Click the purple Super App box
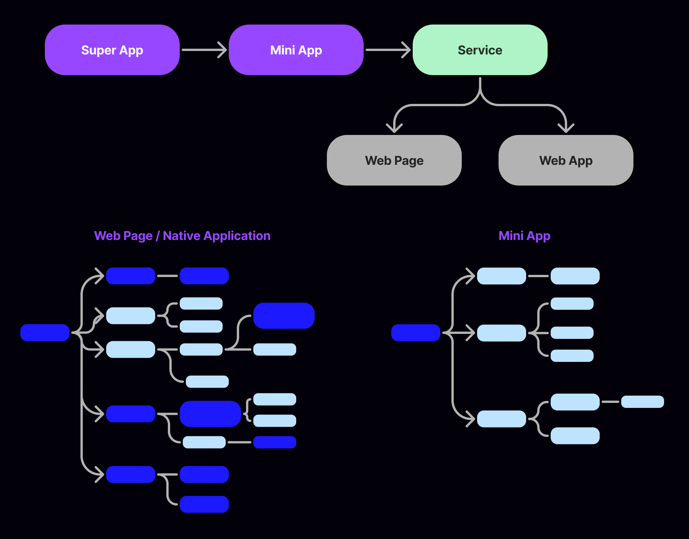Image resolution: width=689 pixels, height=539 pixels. click(x=112, y=50)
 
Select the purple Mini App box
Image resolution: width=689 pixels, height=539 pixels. click(x=296, y=50)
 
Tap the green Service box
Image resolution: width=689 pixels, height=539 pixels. click(x=480, y=50)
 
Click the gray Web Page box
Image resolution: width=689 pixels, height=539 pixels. click(x=394, y=160)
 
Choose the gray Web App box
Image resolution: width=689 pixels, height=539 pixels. click(x=566, y=160)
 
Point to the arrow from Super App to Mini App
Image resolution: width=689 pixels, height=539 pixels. click(x=204, y=50)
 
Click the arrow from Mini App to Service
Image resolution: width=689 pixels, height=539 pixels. click(x=388, y=50)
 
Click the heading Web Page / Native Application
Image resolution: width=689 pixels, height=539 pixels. click(x=182, y=236)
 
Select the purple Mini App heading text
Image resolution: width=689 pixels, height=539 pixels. click(x=524, y=236)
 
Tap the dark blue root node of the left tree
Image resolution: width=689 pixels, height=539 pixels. click(x=45, y=332)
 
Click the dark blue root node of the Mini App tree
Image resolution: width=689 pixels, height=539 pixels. click(x=416, y=332)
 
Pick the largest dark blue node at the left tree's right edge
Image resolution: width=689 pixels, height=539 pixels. click(x=284, y=316)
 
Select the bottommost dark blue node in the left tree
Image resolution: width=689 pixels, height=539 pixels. click(x=204, y=504)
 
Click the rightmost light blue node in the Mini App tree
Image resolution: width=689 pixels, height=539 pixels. click(x=642, y=402)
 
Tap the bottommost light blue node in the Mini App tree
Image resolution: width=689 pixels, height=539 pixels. click(x=575, y=435)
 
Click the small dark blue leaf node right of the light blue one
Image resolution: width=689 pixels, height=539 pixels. click(x=275, y=442)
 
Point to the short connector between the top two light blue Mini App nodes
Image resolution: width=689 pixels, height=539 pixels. click(x=538, y=276)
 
